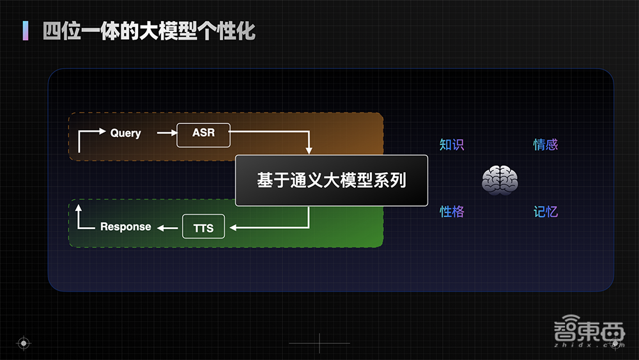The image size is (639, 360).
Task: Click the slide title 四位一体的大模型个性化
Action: [149, 30]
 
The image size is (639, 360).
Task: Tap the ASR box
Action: [203, 134]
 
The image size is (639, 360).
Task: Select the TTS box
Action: [203, 227]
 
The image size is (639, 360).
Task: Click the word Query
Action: [125, 133]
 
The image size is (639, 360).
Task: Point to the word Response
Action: [126, 226]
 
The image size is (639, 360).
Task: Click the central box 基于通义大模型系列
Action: [331, 180]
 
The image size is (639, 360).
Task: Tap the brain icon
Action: [499, 180]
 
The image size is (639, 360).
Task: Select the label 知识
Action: [452, 145]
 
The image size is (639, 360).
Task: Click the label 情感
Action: [546, 145]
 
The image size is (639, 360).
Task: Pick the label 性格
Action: [452, 212]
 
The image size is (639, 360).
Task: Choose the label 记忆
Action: [546, 212]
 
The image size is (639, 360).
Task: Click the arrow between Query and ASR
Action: [166, 133]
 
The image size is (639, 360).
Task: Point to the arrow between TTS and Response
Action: [169, 227]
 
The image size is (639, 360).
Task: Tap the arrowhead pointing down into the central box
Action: [309, 151]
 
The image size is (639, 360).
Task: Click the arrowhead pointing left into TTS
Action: [232, 227]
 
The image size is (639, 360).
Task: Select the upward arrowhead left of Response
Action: [78, 208]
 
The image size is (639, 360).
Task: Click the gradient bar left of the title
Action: [26, 30]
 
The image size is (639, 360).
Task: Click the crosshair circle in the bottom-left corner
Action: [23, 343]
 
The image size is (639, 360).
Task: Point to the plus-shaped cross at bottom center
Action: [319, 343]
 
